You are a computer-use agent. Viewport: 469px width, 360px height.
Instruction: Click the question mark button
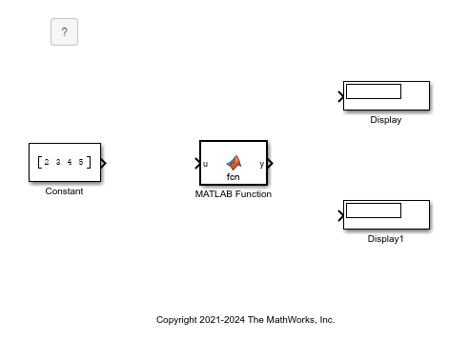tap(64, 32)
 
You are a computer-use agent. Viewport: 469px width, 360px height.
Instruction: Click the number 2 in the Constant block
tap(47, 163)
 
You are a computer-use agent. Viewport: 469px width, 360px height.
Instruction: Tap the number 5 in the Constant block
tap(81, 163)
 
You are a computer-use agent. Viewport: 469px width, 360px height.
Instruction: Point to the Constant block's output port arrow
tap(103, 163)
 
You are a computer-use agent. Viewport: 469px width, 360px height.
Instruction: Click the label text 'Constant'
tap(64, 191)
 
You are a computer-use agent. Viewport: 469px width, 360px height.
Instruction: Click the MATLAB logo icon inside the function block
tap(234, 163)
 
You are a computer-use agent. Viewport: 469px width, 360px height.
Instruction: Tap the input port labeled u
tap(205, 164)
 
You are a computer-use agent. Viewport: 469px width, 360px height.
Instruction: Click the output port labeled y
tap(263, 164)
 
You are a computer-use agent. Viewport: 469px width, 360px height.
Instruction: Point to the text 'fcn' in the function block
tap(234, 177)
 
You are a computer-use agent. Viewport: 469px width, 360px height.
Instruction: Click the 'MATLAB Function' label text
tap(234, 194)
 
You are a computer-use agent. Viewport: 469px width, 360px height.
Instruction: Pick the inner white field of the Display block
tap(373, 91)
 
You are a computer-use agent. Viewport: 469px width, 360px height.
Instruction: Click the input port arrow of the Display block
tap(341, 96)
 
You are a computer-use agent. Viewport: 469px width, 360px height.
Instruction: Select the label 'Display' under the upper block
tap(386, 120)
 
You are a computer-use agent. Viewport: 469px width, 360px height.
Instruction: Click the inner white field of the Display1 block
tap(373, 210)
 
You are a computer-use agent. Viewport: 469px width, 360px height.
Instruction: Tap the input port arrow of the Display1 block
tap(341, 215)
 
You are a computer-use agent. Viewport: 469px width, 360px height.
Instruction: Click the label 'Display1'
tap(386, 239)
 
